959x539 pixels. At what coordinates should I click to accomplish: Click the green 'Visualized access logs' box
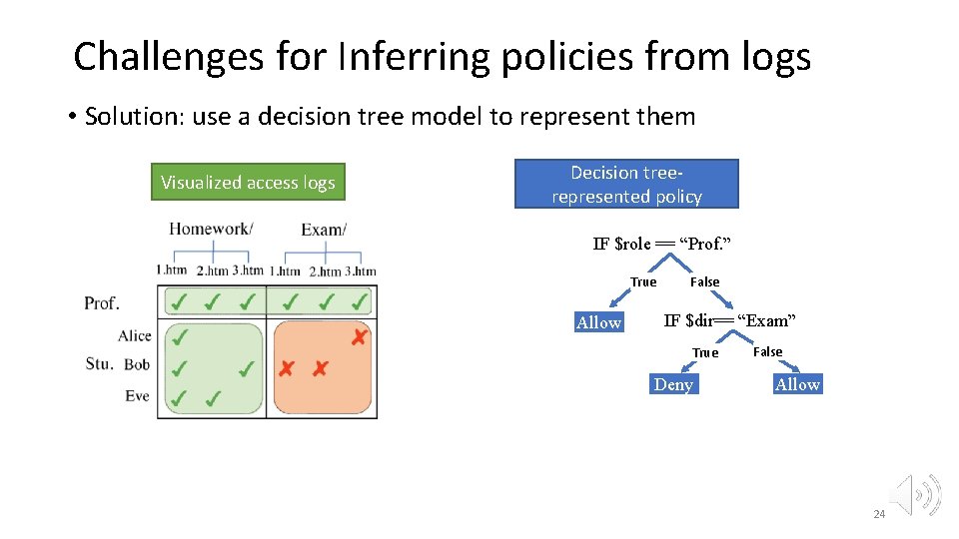point(248,183)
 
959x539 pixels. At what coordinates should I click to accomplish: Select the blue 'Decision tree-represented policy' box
point(626,185)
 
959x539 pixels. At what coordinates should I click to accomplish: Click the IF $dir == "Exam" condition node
point(729,320)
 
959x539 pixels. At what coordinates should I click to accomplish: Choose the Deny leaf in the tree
point(673,385)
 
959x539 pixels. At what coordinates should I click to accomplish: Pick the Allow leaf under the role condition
point(598,322)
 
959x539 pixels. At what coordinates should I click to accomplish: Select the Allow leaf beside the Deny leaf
point(797,385)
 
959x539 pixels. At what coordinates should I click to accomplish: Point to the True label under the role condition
point(643,282)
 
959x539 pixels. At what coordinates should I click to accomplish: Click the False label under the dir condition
point(767,351)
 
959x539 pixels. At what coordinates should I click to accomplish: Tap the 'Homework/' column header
point(210,230)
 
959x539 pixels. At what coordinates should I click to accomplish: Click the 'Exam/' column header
point(324,230)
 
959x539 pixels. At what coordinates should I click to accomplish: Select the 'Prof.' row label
point(102,302)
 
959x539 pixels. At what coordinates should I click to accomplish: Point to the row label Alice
point(134,336)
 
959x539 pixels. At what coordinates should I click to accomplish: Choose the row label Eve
point(137,396)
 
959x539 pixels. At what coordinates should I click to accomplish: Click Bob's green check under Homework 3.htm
point(246,369)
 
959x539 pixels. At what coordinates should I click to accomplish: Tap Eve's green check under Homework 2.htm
point(213,399)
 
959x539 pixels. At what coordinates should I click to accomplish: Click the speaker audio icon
point(916,494)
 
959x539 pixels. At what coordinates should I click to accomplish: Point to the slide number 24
point(879,514)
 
